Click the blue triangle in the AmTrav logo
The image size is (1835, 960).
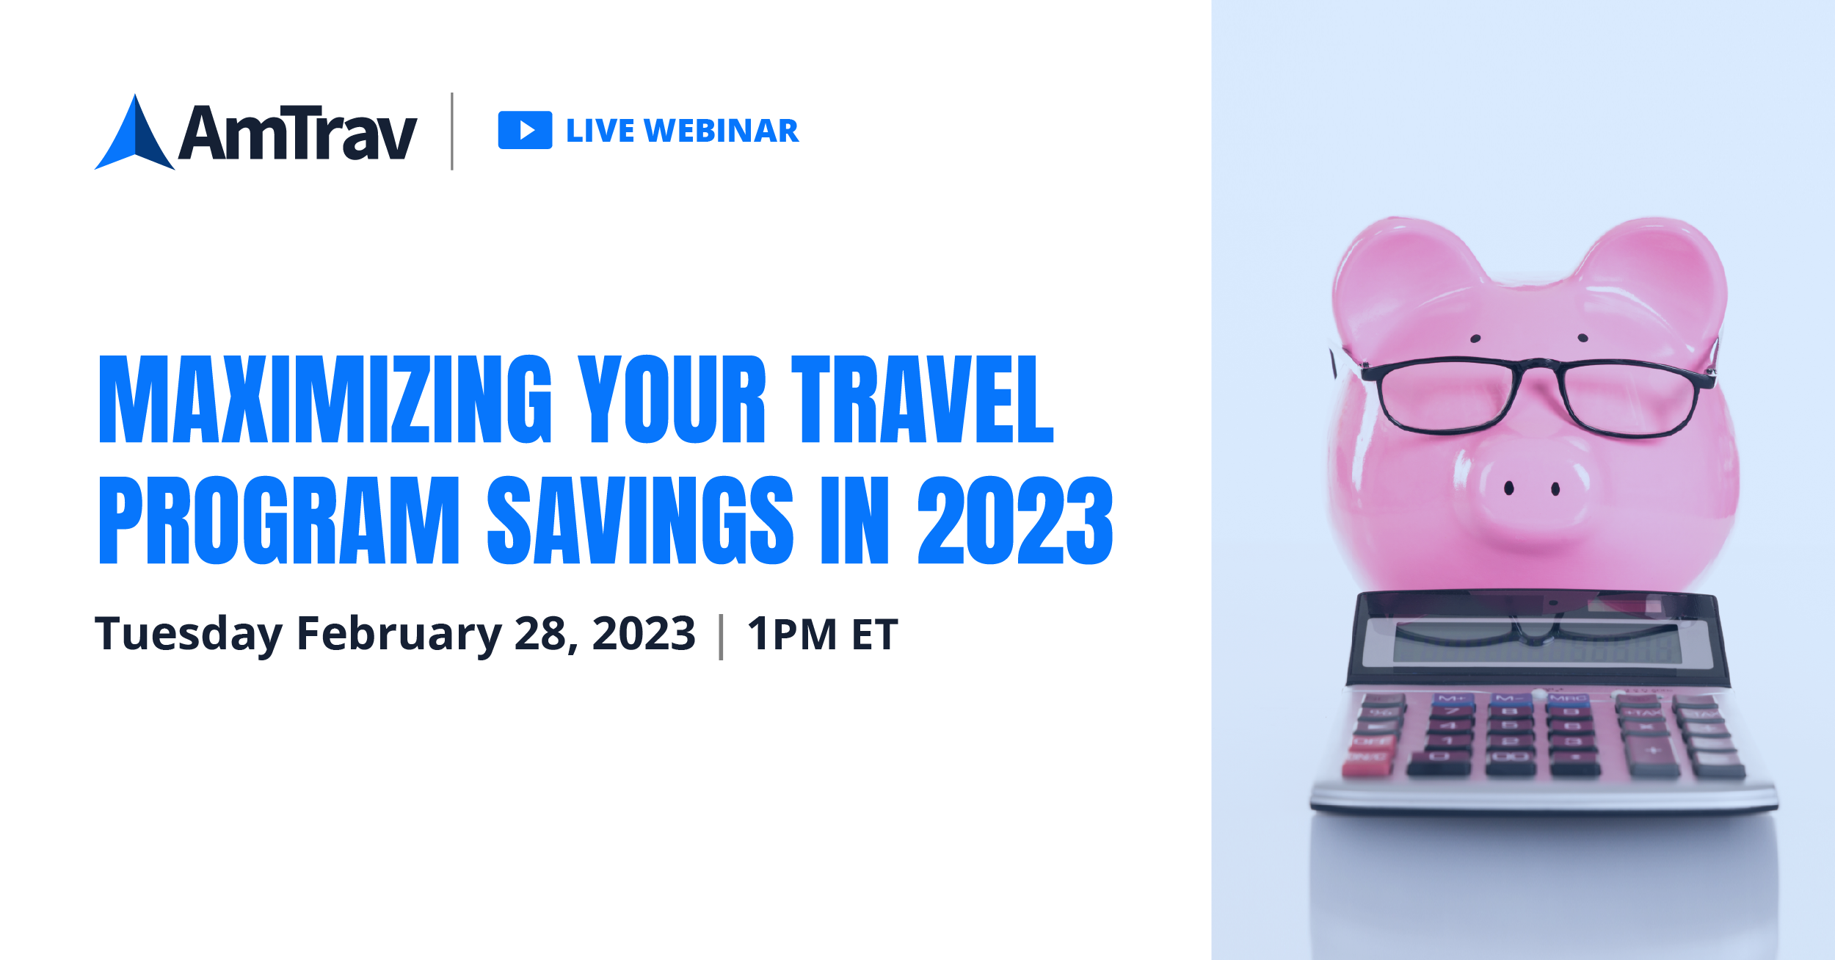click(135, 136)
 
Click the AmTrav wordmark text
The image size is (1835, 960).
click(298, 132)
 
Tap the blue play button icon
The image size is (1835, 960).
click(525, 130)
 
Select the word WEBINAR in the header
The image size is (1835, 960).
click(721, 131)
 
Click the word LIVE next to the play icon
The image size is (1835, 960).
click(600, 131)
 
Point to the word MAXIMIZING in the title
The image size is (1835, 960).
click(325, 400)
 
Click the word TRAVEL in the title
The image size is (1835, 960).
click(922, 400)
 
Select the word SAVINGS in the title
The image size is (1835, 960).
click(640, 520)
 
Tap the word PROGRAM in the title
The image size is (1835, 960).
click(279, 520)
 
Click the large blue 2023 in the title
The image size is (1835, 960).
click(1015, 520)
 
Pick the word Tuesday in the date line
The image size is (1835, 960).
click(189, 634)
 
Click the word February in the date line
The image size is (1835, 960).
click(399, 634)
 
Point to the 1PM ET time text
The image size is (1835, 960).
click(822, 634)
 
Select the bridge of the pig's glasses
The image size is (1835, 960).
click(1538, 365)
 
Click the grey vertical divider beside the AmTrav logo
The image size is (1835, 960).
click(452, 131)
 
